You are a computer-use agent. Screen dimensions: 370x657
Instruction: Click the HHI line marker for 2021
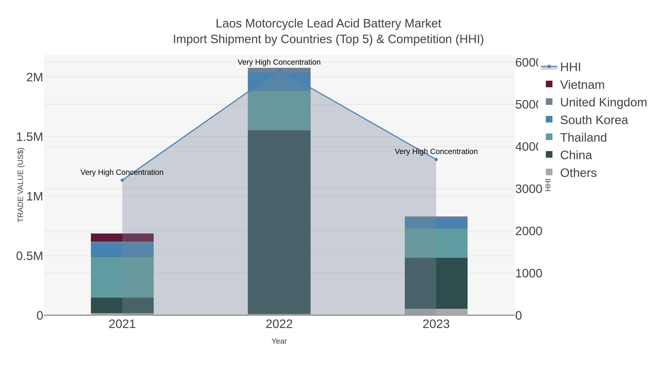click(x=122, y=180)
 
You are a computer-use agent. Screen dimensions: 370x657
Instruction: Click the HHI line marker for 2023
click(x=436, y=160)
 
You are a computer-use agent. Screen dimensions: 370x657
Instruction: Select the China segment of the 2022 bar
click(x=279, y=222)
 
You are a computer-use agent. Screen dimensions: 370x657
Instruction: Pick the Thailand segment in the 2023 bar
click(x=436, y=243)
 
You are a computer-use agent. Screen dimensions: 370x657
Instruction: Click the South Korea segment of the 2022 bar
click(x=279, y=82)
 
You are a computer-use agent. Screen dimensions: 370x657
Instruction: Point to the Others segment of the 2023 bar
click(x=436, y=312)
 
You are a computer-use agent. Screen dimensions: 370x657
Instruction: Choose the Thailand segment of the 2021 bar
click(x=122, y=277)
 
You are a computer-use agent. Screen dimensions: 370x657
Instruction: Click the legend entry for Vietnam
click(x=582, y=85)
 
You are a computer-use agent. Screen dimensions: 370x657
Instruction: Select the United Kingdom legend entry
click(x=603, y=102)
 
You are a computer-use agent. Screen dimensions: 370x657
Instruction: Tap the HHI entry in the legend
click(x=570, y=67)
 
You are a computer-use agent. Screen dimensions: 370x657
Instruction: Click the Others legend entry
click(x=578, y=173)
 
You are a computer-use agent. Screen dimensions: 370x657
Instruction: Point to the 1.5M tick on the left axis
click(x=30, y=137)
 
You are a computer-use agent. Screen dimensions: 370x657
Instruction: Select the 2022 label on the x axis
click(x=279, y=324)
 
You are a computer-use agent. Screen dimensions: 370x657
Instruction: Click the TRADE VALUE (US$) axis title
click(x=20, y=185)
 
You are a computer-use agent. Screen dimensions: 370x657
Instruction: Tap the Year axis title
click(x=279, y=341)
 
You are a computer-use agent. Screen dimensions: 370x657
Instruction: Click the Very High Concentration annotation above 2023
click(x=436, y=152)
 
